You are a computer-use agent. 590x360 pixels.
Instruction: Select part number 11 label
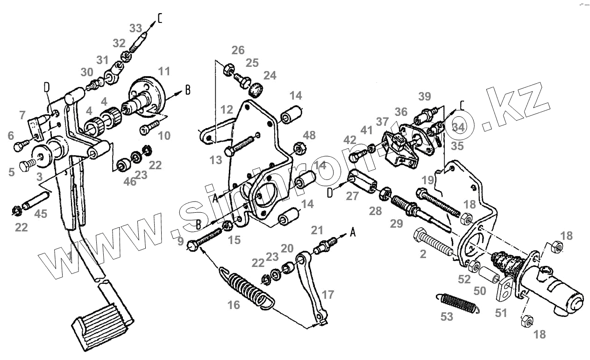(x=164, y=72)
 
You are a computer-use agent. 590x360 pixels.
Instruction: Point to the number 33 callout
(x=136, y=28)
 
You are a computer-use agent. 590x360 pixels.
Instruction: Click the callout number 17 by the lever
(x=328, y=295)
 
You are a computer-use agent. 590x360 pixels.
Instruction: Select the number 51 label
(x=501, y=313)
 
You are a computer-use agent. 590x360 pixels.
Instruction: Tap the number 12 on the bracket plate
(x=227, y=110)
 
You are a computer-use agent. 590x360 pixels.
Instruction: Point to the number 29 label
(x=397, y=224)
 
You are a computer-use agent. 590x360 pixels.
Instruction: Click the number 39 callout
(x=425, y=96)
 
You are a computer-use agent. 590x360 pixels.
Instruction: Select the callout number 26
(x=238, y=50)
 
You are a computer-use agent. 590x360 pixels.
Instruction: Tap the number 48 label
(x=309, y=135)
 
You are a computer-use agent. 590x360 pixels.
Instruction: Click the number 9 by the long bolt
(x=181, y=242)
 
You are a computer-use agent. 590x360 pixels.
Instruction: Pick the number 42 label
(x=350, y=139)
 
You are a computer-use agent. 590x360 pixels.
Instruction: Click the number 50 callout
(x=480, y=291)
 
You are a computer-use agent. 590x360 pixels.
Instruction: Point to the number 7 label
(x=22, y=115)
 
